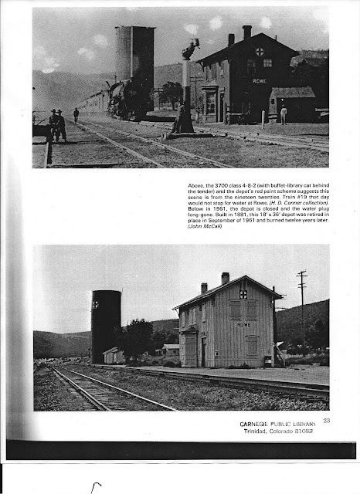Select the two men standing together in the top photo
[57, 124]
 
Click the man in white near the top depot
[283, 113]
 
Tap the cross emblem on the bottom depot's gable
[243, 294]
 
